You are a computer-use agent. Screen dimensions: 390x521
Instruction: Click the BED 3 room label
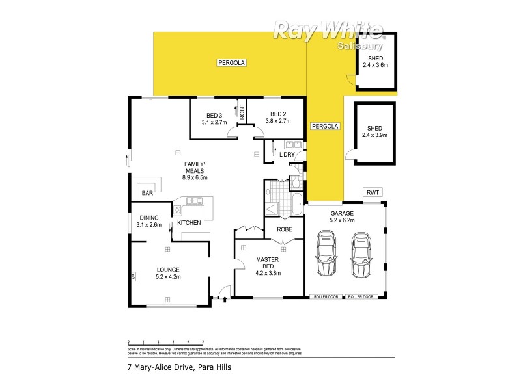coord(213,118)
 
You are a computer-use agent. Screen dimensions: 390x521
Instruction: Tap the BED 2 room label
coord(279,118)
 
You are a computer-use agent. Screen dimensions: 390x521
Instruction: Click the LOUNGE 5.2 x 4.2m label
coord(167,272)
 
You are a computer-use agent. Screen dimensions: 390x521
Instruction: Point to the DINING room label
coord(148,222)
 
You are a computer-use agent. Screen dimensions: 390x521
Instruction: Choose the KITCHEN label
coord(189,224)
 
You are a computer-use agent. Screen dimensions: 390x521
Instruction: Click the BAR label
coord(147,193)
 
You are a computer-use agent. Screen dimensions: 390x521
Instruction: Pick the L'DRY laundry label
coord(287,155)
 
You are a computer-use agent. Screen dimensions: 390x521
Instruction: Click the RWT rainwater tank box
coord(373,192)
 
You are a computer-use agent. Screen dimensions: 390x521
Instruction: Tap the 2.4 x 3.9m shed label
coord(374,132)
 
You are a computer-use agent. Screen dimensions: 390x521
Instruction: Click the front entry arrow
coord(225,300)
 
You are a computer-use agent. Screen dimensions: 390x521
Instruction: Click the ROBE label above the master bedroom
coord(284,229)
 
